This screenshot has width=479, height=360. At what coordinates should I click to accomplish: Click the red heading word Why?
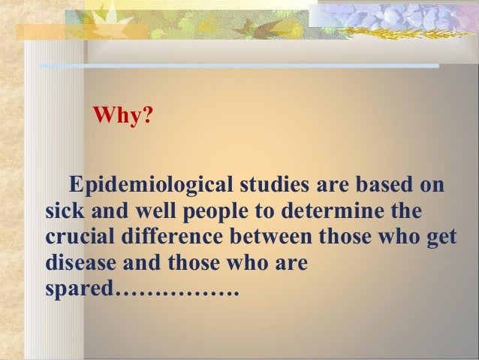(x=120, y=117)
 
